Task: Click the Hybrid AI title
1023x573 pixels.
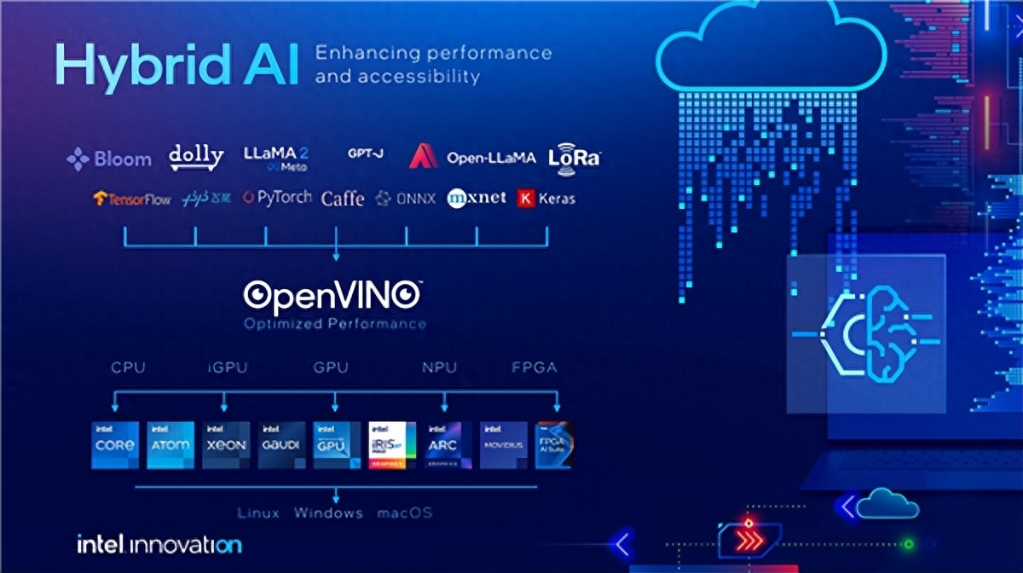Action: click(176, 64)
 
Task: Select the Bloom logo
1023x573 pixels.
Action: click(109, 159)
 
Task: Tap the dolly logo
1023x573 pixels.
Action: click(196, 157)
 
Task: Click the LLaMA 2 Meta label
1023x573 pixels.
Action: click(275, 158)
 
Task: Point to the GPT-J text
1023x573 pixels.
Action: click(365, 153)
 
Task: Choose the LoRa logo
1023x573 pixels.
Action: click(575, 157)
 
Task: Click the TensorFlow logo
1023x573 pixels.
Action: click(132, 199)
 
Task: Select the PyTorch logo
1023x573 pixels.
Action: click(277, 198)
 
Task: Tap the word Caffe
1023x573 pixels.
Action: click(343, 199)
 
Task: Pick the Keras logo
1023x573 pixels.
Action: click(546, 199)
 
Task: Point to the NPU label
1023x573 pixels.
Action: click(440, 368)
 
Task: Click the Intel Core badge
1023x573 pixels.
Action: click(114, 444)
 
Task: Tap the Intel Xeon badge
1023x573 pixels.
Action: click(226, 444)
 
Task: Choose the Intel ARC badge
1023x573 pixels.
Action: click(448, 444)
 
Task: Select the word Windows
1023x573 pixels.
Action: click(328, 513)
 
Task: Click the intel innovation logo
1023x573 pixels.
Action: click(159, 544)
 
